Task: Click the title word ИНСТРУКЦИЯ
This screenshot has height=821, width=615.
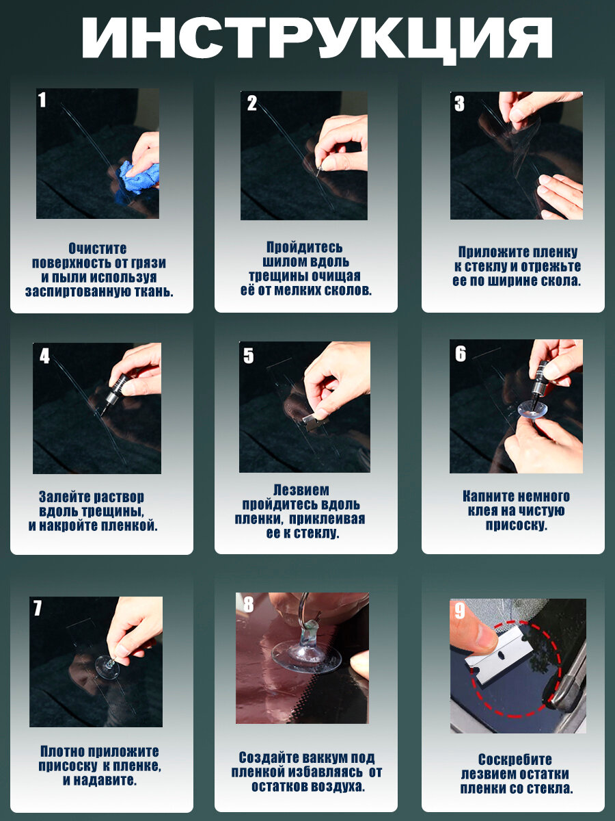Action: (x=316, y=38)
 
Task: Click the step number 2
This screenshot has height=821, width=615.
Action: (x=252, y=103)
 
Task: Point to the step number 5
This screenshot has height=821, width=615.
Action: (x=248, y=355)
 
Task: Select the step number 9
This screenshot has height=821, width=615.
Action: (x=460, y=611)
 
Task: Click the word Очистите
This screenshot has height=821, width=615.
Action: (x=98, y=248)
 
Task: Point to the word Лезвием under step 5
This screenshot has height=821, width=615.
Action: (x=301, y=490)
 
